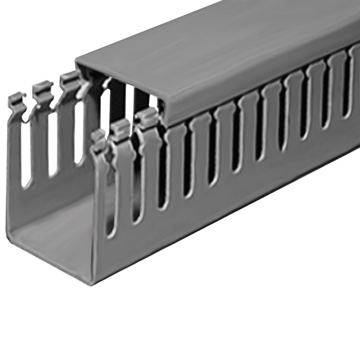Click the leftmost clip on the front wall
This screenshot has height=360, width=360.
coord(98,138)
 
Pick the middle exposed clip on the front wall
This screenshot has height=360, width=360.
coord(121,128)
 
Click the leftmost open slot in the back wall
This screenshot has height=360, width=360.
coord(26,158)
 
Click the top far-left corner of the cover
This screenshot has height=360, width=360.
coord(77,62)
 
